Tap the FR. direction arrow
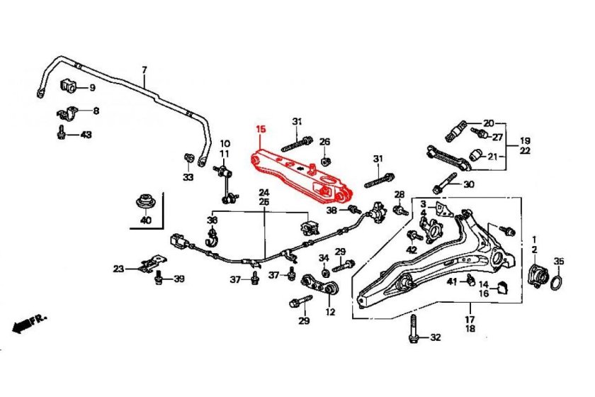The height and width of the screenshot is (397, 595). click(29, 323)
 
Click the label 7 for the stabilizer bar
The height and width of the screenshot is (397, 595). click(144, 69)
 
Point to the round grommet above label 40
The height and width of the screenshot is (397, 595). click(146, 201)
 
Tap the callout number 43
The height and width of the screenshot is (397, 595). click(86, 134)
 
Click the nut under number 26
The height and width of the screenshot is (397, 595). click(324, 160)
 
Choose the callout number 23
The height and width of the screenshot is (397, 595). click(118, 268)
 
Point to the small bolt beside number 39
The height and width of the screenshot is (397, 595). click(159, 277)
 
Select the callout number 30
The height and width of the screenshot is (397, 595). click(468, 184)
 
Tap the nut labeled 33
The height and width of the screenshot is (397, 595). click(188, 157)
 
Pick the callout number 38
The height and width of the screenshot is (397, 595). click(331, 210)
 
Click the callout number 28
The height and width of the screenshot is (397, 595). click(399, 194)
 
